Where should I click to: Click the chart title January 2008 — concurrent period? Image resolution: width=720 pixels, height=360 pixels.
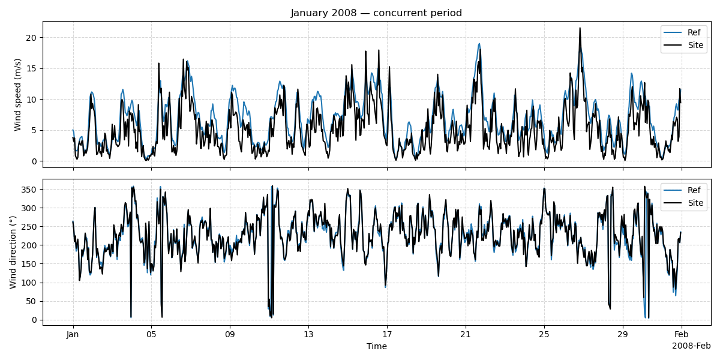[x=376, y=13]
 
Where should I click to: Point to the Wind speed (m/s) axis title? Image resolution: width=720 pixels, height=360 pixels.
[x=17, y=94]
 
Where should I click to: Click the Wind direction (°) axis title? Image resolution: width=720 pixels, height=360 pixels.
[x=13, y=252]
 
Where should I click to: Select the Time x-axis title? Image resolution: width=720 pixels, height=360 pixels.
[x=376, y=346]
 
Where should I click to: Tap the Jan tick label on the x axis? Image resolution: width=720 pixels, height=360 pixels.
[x=73, y=334]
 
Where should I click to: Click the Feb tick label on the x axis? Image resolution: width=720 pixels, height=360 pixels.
[x=681, y=334]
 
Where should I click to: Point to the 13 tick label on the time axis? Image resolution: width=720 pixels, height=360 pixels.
[x=308, y=334]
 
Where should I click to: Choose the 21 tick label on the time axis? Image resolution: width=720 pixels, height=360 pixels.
[x=466, y=334]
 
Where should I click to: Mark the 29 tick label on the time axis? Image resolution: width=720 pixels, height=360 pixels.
[x=623, y=334]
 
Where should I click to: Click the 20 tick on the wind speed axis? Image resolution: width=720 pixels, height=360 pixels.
[x=32, y=38]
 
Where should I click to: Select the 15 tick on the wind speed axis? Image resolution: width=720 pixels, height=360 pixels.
[x=32, y=68]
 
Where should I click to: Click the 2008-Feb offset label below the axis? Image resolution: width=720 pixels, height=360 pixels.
[x=691, y=346]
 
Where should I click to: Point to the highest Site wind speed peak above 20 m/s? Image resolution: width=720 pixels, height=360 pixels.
[x=580, y=28]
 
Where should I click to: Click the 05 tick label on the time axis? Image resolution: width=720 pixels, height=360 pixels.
[x=151, y=334]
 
